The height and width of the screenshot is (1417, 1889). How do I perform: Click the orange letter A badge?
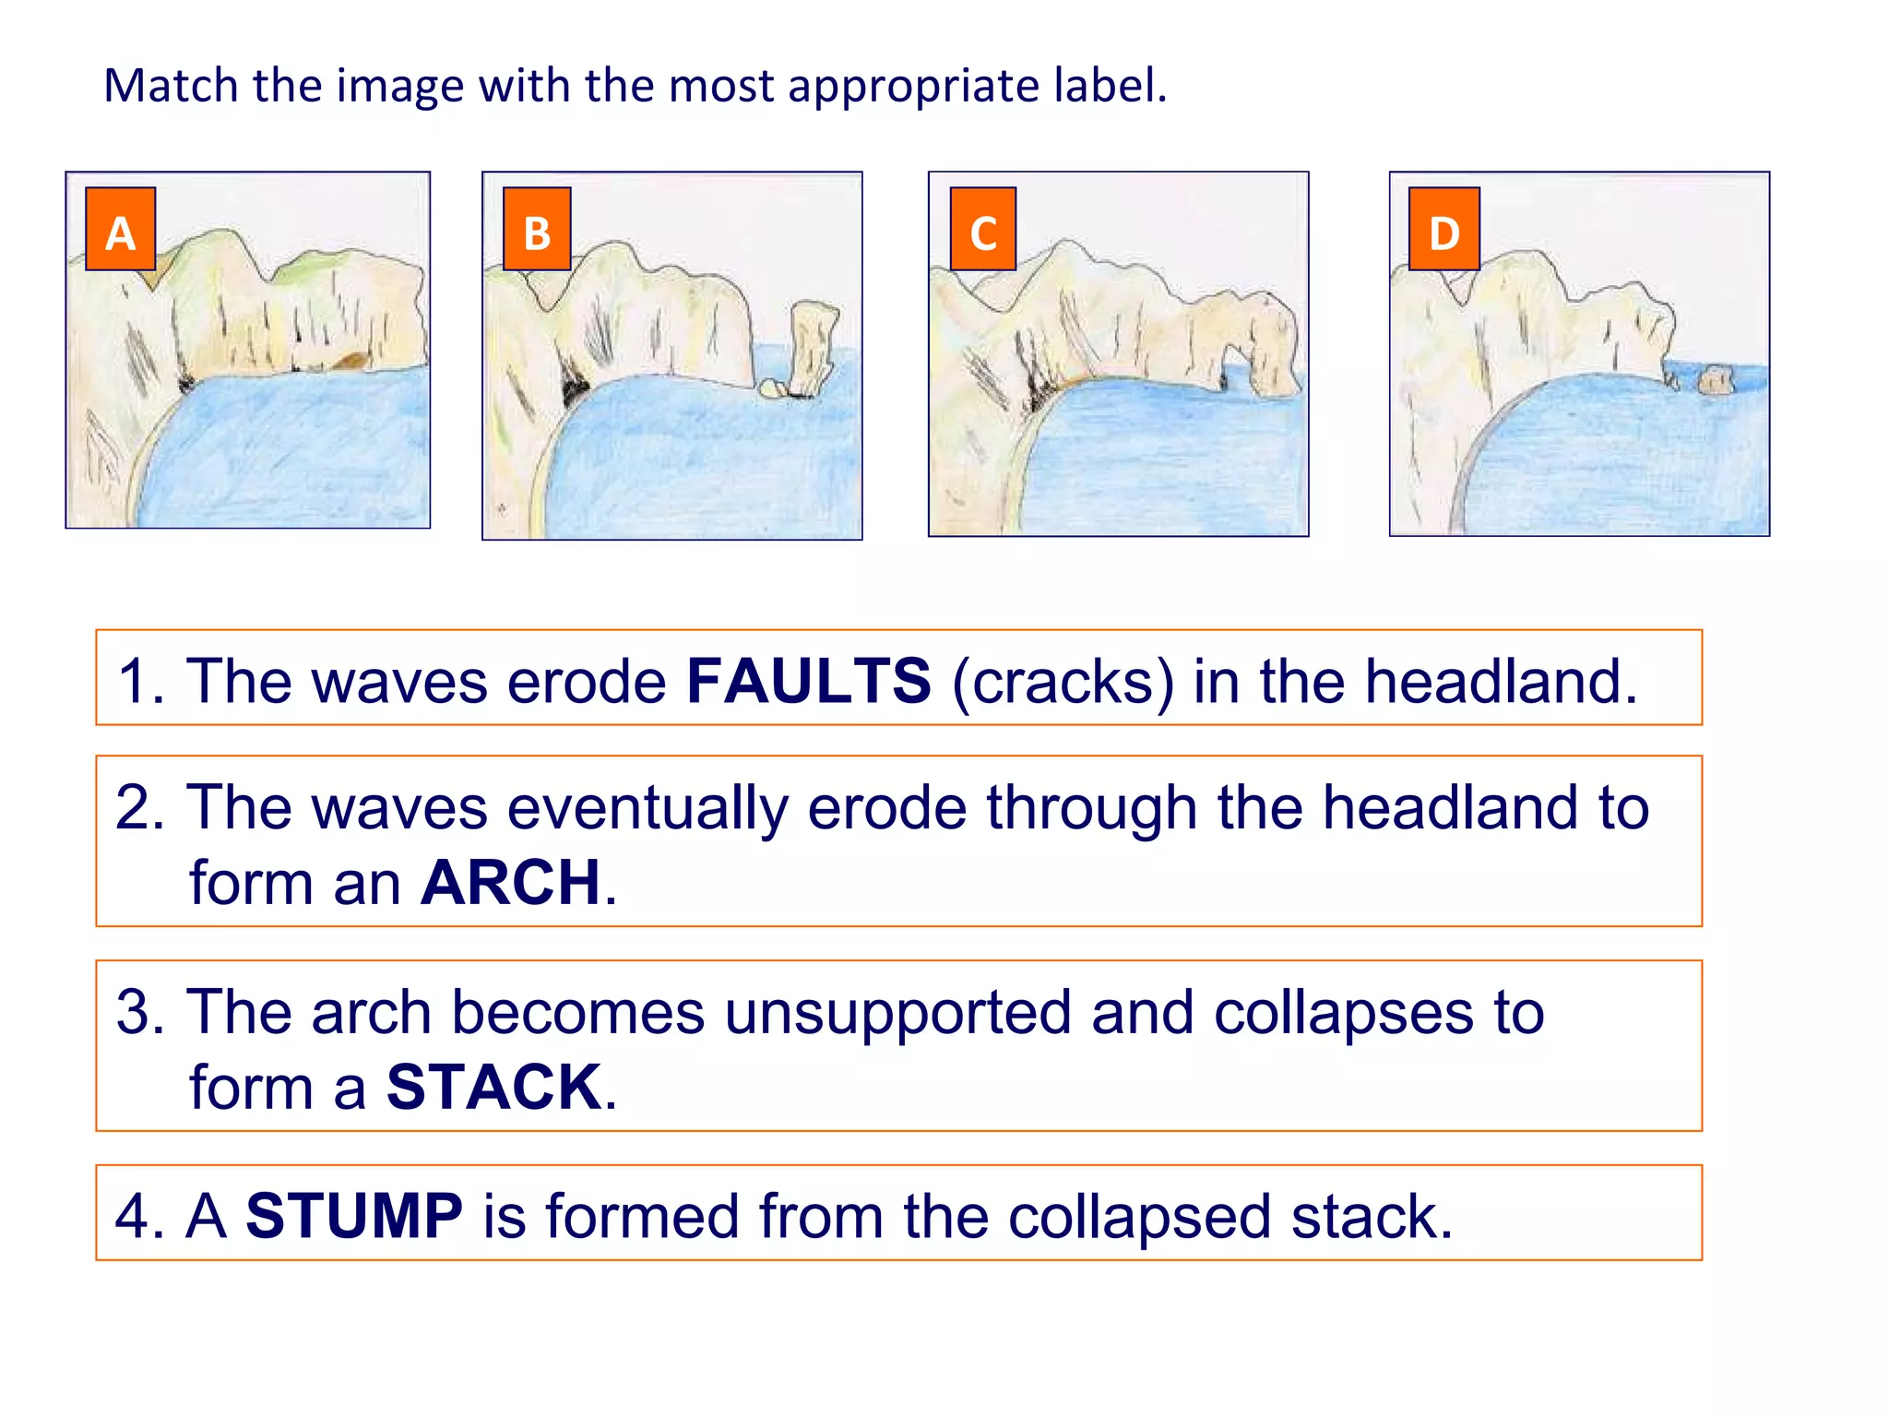click(120, 229)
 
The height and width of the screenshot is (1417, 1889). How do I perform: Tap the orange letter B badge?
click(537, 229)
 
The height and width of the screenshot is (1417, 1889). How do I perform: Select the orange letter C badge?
click(983, 229)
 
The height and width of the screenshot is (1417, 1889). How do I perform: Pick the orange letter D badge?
click(1444, 229)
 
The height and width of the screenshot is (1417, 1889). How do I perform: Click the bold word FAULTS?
click(809, 681)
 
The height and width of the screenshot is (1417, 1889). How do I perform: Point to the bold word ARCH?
click(510, 882)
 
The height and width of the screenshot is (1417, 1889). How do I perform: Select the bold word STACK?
click(494, 1087)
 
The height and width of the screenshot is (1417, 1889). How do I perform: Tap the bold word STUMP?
click(354, 1216)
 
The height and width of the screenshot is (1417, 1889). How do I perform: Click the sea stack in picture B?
click(812, 346)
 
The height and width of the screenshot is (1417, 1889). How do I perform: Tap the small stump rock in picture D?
click(1715, 379)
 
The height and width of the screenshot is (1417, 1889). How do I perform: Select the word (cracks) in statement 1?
click(1063, 681)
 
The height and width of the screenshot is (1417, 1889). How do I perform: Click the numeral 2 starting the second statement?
click(139, 807)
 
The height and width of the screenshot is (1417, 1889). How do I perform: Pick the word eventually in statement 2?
click(646, 807)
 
